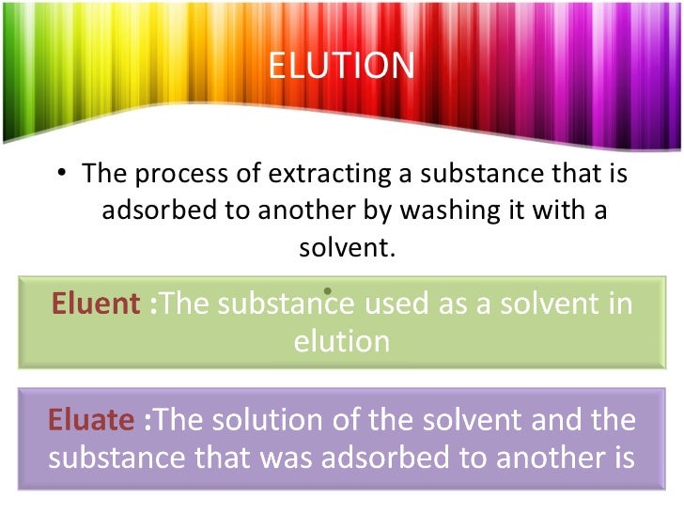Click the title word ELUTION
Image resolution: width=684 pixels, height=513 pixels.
(x=341, y=66)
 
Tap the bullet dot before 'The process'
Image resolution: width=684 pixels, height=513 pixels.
(x=61, y=175)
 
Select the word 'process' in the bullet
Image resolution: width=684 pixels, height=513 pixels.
(x=172, y=175)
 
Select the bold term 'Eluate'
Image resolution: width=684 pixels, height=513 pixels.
(x=90, y=419)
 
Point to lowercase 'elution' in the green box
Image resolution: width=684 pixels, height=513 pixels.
(x=342, y=339)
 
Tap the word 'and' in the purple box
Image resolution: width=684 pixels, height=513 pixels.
(x=550, y=419)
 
